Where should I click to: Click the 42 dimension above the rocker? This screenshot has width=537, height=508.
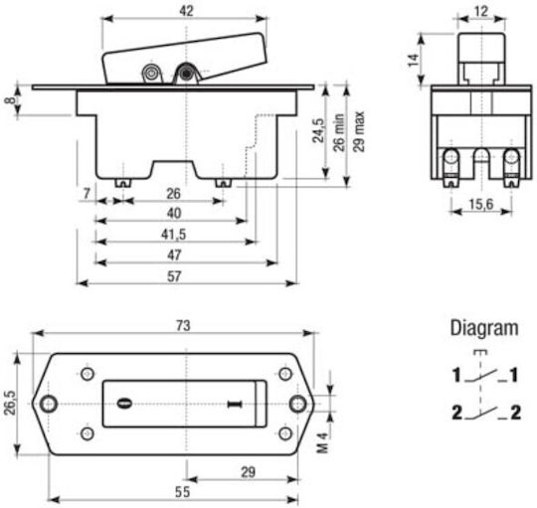[186, 11]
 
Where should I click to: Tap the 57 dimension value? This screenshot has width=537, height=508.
[174, 276]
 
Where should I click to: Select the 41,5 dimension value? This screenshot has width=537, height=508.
[174, 235]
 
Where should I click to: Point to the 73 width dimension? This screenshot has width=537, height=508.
[183, 325]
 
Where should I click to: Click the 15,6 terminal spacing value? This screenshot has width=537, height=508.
[481, 205]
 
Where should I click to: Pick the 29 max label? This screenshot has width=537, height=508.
[359, 131]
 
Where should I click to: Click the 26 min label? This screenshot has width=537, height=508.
[339, 132]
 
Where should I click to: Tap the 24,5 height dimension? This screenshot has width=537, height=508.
[318, 130]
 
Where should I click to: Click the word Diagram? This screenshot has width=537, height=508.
[484, 328]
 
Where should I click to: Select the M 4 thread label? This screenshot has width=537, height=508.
[322, 442]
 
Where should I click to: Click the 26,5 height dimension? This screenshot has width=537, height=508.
[10, 403]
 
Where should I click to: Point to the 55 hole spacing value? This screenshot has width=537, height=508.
[182, 492]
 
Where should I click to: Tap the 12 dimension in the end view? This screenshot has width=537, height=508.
[481, 11]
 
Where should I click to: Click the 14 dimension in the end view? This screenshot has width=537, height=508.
[414, 61]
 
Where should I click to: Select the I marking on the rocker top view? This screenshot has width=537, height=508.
[235, 405]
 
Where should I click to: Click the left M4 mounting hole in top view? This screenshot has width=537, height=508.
[49, 404]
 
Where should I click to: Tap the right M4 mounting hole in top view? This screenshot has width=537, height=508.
[298, 404]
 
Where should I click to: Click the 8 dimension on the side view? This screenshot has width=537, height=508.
[10, 100]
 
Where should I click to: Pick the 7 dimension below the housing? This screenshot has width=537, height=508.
[87, 194]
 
